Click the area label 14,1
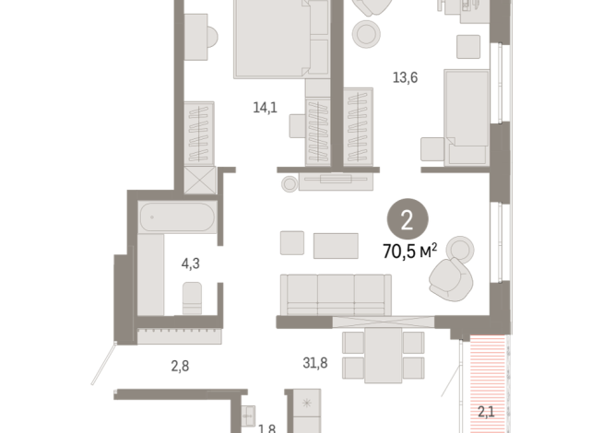pyautogui.click(x=266, y=108)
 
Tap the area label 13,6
pyautogui.click(x=406, y=77)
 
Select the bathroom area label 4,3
pyautogui.click(x=191, y=264)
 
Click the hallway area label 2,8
pyautogui.click(x=179, y=367)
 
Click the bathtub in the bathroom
pyautogui.click(x=177, y=220)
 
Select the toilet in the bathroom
pyautogui.click(x=193, y=297)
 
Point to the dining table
pyautogui.click(x=382, y=355)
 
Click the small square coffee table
pyautogui.click(x=292, y=243)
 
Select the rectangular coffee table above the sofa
pyautogui.click(x=336, y=245)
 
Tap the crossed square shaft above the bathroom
pyautogui.click(x=199, y=179)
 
